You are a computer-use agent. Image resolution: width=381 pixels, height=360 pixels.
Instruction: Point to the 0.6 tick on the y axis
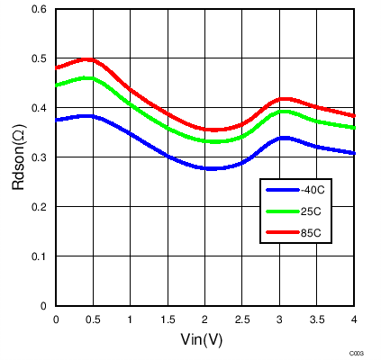click(41, 9)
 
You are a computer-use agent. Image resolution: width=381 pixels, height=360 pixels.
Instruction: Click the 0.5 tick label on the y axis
click(41, 58)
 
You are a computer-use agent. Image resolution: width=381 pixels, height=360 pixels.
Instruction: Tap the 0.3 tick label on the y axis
click(41, 157)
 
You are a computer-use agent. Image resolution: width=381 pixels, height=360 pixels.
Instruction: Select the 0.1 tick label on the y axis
click(41, 256)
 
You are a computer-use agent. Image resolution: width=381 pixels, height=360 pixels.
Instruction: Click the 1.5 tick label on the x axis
click(168, 319)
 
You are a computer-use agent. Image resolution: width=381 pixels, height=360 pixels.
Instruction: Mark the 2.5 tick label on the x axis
click(242, 319)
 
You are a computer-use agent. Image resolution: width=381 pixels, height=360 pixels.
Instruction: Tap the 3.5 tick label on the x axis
click(316, 319)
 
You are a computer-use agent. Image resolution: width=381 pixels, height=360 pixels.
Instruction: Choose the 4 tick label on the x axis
click(354, 319)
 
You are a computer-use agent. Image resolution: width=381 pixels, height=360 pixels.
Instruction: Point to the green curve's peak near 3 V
click(285, 112)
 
